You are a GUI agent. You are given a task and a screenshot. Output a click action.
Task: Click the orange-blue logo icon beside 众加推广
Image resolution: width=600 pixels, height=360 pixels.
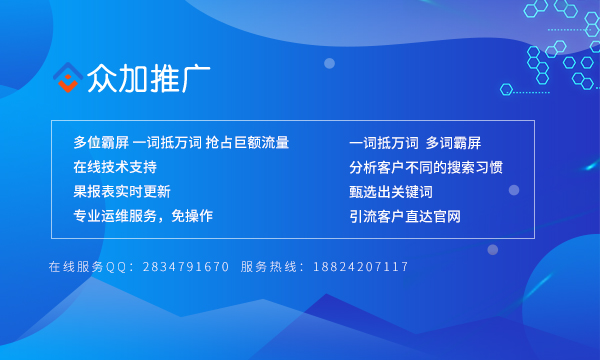pos(67,78)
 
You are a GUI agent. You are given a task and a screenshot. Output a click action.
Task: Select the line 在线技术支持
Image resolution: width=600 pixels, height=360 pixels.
pos(115,167)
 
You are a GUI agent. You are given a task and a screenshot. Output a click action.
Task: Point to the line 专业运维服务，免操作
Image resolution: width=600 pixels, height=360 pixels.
pos(143,215)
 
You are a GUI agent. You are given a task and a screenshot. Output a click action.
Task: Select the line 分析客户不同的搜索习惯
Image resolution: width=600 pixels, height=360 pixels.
pos(426,167)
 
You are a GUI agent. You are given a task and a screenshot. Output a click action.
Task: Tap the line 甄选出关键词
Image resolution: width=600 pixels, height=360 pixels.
pos(391,191)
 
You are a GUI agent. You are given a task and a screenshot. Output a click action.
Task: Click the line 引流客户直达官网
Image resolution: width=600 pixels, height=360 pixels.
pos(405,215)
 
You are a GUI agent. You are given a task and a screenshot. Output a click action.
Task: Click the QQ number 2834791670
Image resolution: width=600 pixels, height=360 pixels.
pos(186,267)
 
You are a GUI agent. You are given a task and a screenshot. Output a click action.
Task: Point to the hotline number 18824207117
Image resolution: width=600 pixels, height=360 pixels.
pos(361,267)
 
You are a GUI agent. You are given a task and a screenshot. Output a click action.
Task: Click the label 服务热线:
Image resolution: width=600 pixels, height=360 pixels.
pos(275,267)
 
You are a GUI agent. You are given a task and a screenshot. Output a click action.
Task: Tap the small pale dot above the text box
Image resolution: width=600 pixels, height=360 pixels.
pos(329,63)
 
